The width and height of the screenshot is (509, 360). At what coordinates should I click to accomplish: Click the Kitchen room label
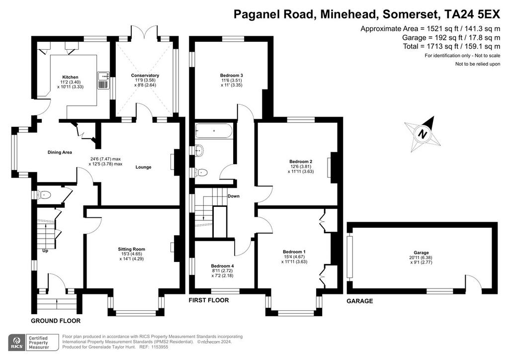coord(71,77)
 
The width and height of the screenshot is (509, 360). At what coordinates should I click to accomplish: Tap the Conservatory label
coord(145,75)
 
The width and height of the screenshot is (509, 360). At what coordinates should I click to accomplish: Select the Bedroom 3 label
coord(232,75)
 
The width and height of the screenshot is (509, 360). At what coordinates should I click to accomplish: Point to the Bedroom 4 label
coord(222,266)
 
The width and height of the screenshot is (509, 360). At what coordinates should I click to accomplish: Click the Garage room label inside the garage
coord(422,253)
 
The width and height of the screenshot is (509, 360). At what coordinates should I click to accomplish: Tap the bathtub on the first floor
coord(214,131)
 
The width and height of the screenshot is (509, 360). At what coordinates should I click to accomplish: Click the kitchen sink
coord(103,80)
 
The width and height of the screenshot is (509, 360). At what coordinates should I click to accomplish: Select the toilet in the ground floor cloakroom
coord(44,195)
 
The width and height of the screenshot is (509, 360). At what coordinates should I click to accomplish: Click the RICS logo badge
coord(17,343)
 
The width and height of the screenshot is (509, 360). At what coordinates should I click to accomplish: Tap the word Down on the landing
coord(234,196)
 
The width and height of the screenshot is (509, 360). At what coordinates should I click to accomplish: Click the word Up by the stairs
coord(45,251)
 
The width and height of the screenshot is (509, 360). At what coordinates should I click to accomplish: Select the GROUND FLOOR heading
coord(56,321)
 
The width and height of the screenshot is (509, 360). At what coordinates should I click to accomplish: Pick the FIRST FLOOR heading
coord(209,300)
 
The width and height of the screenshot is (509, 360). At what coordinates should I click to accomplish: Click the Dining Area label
coord(60,152)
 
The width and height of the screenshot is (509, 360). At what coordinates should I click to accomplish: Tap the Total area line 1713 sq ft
coord(451,46)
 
